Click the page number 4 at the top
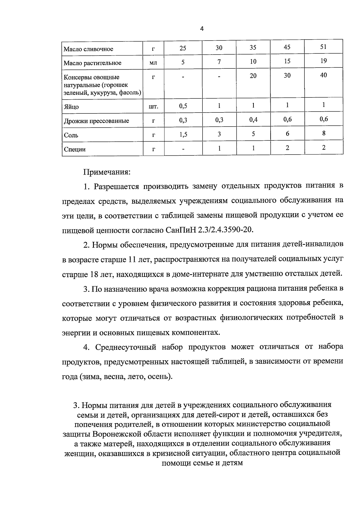coord(202,29)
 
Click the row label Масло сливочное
coord(88,49)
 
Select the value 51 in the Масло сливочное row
coord(323,47)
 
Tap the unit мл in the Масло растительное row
coord(153,63)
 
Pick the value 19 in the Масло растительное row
coord(323,61)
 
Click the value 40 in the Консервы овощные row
coord(323,75)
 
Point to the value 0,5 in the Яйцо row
coord(183,106)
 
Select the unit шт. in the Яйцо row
coord(153,106)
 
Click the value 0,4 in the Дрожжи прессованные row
coord(253,120)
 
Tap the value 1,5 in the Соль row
coord(183,135)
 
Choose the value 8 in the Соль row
coord(324,133)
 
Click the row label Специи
coord(75,149)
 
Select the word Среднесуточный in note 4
coord(126,347)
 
